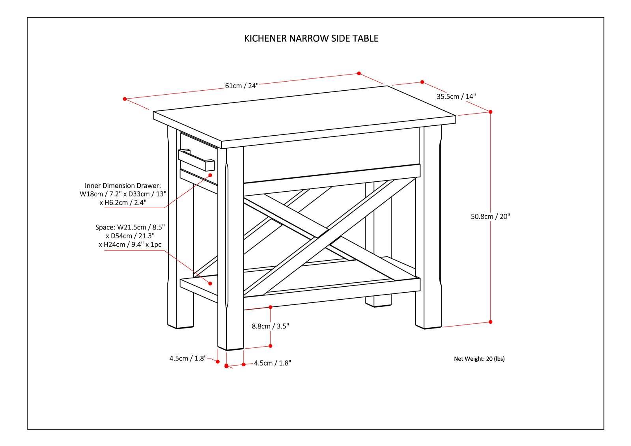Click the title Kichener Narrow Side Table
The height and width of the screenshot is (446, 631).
point(311,38)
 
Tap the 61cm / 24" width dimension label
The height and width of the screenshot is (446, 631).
point(241,86)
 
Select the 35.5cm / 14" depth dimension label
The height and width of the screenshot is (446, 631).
point(456,96)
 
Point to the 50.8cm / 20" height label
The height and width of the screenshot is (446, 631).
point(490,216)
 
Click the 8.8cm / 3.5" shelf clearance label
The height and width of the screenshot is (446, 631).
point(271,326)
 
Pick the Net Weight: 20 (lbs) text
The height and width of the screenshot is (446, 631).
point(479,358)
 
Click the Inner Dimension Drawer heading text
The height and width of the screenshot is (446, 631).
point(123,185)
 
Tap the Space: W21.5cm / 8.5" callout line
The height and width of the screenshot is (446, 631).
point(130,228)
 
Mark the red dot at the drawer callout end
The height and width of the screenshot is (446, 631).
point(210,175)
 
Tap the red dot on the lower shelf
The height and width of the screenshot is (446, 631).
point(210,283)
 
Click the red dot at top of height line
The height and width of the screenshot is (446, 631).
point(491,112)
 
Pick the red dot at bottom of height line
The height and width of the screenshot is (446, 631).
point(491,322)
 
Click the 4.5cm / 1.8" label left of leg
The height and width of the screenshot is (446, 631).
point(188,358)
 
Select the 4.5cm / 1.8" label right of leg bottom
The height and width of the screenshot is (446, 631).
point(273,363)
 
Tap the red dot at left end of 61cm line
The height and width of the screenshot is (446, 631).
point(125,99)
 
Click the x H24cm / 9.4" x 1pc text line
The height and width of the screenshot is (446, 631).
point(130,245)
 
